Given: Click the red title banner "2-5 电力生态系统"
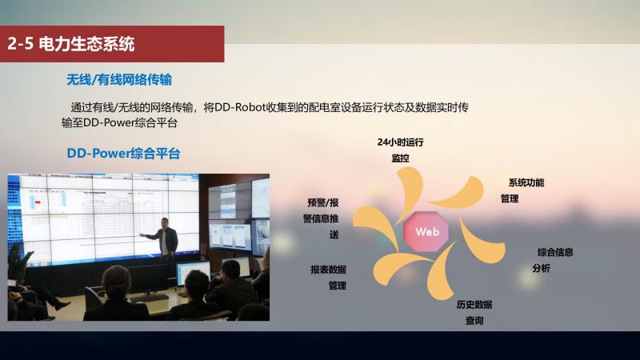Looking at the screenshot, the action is pyautogui.click(x=112, y=44).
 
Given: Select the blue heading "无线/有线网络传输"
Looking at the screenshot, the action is pyautogui.click(x=119, y=79).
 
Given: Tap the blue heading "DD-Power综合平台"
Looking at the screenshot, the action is pyautogui.click(x=123, y=154).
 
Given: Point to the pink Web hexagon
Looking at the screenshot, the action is pyautogui.click(x=426, y=231).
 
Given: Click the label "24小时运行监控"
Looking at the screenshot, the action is pyautogui.click(x=401, y=150).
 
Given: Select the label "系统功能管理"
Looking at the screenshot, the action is pyautogui.click(x=522, y=190).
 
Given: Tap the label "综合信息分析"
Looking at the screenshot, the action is pyautogui.click(x=553, y=260).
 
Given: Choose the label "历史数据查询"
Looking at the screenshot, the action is pyautogui.click(x=474, y=312).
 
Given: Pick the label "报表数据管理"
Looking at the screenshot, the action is pyautogui.click(x=329, y=278).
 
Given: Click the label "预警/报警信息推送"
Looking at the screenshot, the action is pyautogui.click(x=321, y=218).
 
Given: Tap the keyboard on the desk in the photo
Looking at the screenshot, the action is pyautogui.click(x=150, y=297).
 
